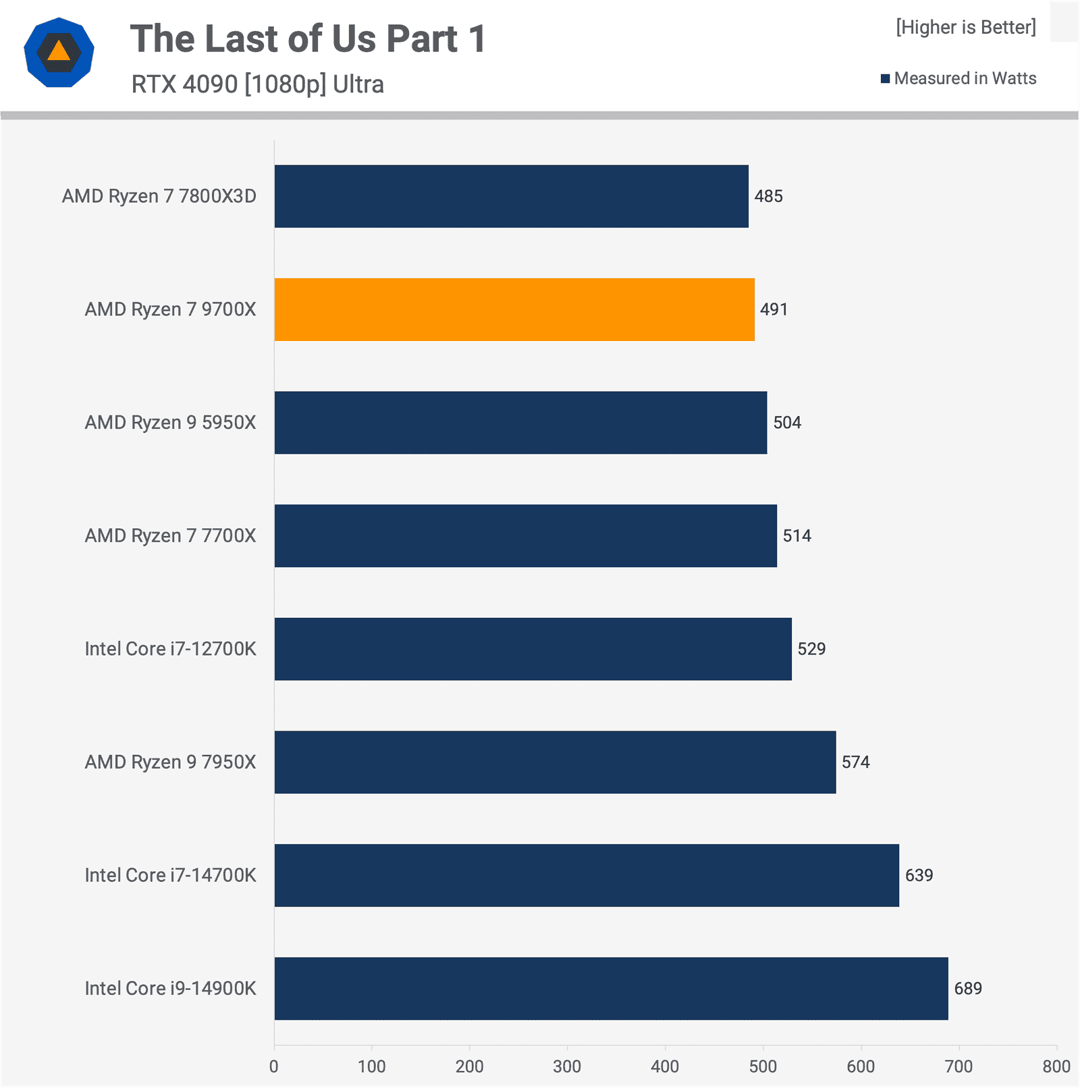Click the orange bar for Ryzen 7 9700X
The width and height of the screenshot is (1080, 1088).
(514, 309)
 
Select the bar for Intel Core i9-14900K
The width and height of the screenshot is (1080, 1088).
(611, 988)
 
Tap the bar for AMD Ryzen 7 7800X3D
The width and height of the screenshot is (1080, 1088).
(511, 196)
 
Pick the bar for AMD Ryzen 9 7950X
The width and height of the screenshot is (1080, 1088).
(555, 762)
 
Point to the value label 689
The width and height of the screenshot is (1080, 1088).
(968, 989)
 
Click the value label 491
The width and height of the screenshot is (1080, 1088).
(774, 309)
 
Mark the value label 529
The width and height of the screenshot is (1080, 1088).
(811, 649)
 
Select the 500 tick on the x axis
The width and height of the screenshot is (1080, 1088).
(763, 1066)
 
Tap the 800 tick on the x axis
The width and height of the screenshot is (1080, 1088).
(1056, 1066)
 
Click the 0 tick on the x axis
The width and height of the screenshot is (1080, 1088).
(274, 1066)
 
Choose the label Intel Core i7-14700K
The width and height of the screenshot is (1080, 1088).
(170, 875)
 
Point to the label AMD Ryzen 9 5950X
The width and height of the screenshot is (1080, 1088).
(170, 423)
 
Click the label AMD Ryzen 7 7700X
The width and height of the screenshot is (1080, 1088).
(170, 536)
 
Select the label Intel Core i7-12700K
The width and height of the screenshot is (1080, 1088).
(170, 649)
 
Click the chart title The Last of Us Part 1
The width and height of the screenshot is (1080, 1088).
(308, 38)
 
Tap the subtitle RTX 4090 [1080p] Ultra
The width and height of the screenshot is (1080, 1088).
(257, 84)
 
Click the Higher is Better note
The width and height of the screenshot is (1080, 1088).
(965, 27)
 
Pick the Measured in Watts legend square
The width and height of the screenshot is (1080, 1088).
(885, 79)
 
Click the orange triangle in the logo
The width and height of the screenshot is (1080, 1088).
(59, 51)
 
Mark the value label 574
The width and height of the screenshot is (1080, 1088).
(855, 762)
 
